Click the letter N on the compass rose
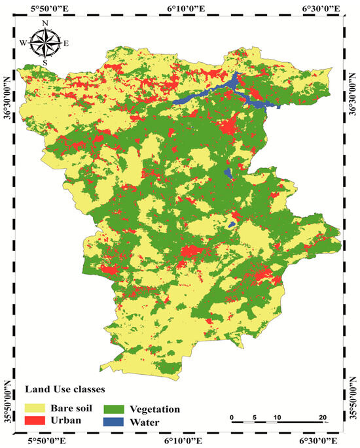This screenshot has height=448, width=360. pos(45,24)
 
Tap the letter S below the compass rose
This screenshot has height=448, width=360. pos(45,62)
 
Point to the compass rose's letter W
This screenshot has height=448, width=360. pos(24,43)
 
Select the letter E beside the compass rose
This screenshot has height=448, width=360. pos(66,43)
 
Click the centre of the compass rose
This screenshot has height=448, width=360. pos(45,43)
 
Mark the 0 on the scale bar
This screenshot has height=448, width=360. pos(232,417)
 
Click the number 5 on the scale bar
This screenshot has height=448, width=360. pos(254,417)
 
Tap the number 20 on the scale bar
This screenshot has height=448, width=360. pos(322,417)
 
